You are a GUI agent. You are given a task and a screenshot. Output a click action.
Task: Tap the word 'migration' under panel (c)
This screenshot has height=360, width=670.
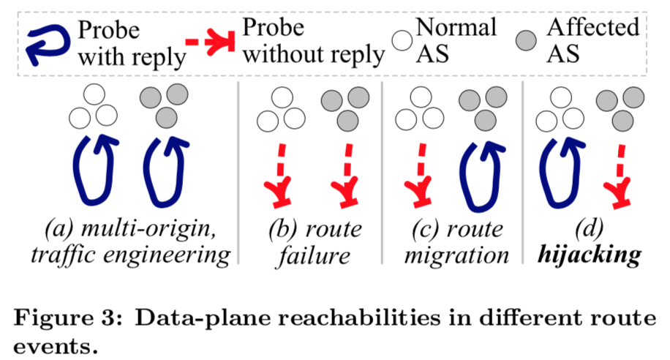click(456, 256)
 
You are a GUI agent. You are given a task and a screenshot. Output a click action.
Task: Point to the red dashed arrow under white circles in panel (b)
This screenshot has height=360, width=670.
click(278, 173)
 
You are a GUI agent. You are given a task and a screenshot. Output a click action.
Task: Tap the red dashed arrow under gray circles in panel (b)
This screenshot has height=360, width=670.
click(343, 173)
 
